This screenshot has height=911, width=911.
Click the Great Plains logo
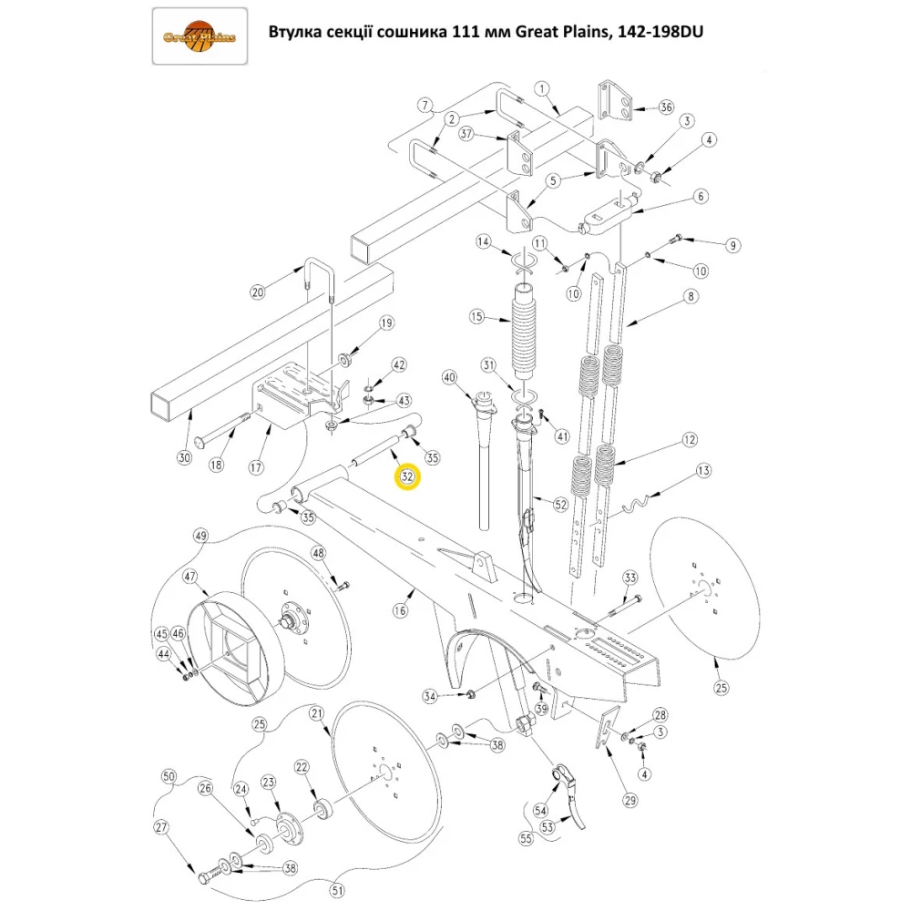[199, 36]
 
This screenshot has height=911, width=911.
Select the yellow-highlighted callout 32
[406, 476]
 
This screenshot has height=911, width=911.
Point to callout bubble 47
[190, 577]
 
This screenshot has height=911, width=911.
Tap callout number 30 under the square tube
[184, 458]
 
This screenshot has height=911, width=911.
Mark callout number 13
[702, 471]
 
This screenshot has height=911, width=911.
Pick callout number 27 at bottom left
[162, 828]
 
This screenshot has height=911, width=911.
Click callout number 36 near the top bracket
[665, 107]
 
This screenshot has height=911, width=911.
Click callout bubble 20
[257, 292]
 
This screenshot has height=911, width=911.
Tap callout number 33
[630, 578]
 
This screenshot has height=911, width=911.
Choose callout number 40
[448, 377]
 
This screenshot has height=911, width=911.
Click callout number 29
[630, 801]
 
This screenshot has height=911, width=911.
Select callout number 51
[337, 890]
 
